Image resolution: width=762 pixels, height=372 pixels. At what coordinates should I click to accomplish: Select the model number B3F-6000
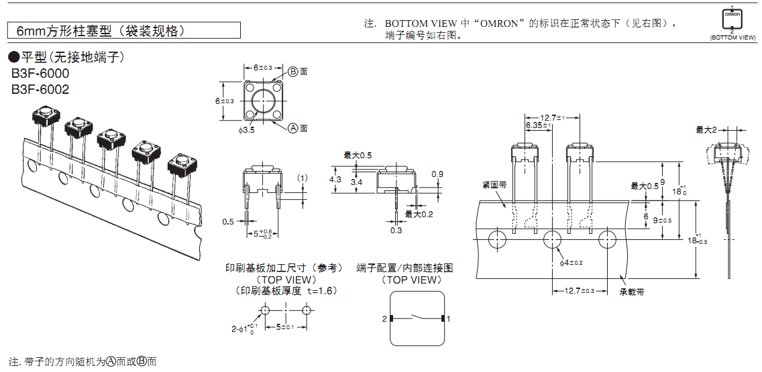pos(40,74)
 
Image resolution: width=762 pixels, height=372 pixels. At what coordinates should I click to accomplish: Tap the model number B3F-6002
pos(40,89)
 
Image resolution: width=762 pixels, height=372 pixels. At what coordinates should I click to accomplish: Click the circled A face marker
pos(293,127)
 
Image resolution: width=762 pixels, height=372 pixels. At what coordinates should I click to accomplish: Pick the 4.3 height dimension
pos(335,180)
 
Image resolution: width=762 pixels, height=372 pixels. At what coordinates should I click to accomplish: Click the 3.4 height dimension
pos(356,182)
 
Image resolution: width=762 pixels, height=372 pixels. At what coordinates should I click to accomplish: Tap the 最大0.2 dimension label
pos(419,214)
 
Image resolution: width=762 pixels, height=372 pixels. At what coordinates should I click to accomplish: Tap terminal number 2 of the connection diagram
pos(384,319)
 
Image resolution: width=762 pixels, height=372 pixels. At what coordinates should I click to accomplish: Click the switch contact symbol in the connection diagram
pos(415,318)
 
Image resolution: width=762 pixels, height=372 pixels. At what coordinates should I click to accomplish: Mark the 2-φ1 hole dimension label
pos(244,328)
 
